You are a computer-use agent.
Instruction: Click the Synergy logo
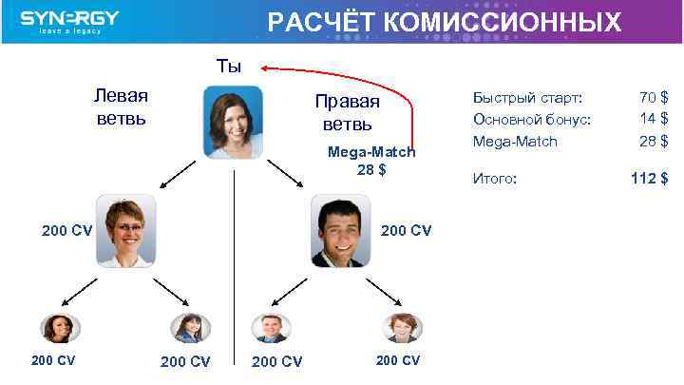tap(70, 22)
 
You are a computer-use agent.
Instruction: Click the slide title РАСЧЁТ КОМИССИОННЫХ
tap(445, 22)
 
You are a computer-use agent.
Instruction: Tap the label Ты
tap(229, 67)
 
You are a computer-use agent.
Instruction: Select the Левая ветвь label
tap(121, 107)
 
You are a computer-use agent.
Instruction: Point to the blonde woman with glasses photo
tap(125, 231)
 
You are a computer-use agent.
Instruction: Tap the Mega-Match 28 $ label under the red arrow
tap(371, 161)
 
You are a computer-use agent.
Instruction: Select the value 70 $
tap(654, 98)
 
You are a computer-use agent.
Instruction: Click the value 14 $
tap(654, 119)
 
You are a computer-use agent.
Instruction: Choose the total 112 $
tap(650, 178)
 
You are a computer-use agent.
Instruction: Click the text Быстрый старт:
tap(528, 98)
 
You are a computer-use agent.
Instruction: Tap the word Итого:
tap(495, 178)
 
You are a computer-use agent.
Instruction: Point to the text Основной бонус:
tap(532, 119)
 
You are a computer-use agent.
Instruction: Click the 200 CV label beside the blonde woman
tap(66, 230)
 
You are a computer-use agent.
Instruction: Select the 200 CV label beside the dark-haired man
tap(406, 230)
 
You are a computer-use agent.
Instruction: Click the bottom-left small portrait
tap(60, 328)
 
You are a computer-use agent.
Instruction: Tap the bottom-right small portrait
tap(402, 328)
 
